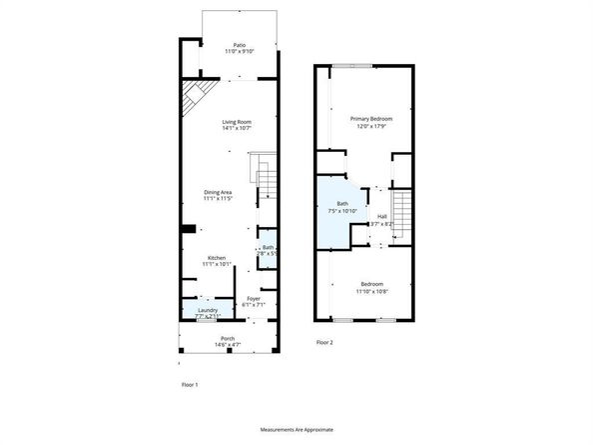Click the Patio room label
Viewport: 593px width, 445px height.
[x=239, y=45]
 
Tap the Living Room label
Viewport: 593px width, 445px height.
[x=237, y=122]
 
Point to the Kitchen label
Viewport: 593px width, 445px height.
[x=216, y=258]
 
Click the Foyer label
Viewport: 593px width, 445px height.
[x=254, y=299]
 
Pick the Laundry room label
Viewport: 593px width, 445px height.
[x=207, y=310]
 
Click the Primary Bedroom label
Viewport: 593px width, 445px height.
[x=370, y=119]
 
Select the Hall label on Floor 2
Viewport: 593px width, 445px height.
[x=382, y=217]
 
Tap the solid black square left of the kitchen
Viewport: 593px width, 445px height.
[x=186, y=229]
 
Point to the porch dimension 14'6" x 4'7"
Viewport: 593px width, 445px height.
[x=229, y=345]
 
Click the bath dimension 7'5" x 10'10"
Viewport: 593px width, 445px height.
[x=342, y=211]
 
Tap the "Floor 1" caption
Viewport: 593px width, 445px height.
[x=190, y=384]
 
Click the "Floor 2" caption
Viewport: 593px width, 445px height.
[x=324, y=342]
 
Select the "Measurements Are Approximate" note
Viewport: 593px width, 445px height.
[x=296, y=430]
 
